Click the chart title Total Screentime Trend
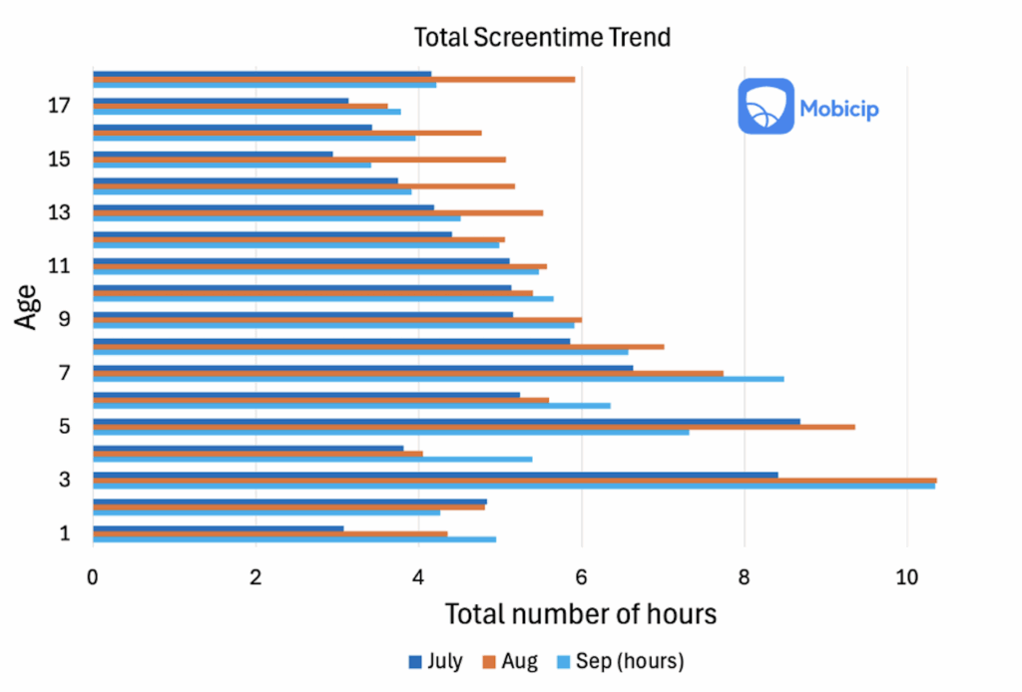pos(542,38)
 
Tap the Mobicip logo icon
pos(766,107)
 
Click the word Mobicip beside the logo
pos(839,108)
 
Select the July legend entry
pos(435,660)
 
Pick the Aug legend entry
pos(510,660)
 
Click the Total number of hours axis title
pos(580,613)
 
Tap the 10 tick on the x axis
pos(906,575)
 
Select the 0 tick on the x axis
pos(93,575)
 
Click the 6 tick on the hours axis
pos(581,575)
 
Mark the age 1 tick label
pos(65,532)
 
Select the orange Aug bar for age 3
pos(514,480)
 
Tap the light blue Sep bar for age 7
pos(438,379)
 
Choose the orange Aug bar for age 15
pos(299,159)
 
